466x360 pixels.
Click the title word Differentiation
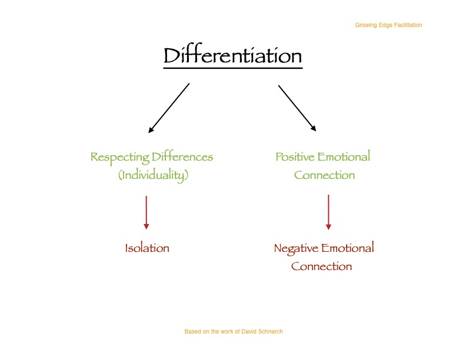coord(232,56)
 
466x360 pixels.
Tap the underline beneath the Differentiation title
coord(232,68)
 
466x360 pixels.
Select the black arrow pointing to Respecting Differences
coord(169,108)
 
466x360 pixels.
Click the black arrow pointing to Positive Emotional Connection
coord(297,108)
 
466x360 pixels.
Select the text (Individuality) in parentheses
coord(152,175)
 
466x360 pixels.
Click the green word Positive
coord(295,157)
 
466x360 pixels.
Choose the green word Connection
coord(324,175)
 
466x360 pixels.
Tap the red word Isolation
coord(147,248)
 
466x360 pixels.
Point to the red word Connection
coord(321,266)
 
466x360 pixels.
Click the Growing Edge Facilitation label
coord(388,25)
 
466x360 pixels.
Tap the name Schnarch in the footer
coord(270,332)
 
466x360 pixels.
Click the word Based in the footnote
coord(192,332)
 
